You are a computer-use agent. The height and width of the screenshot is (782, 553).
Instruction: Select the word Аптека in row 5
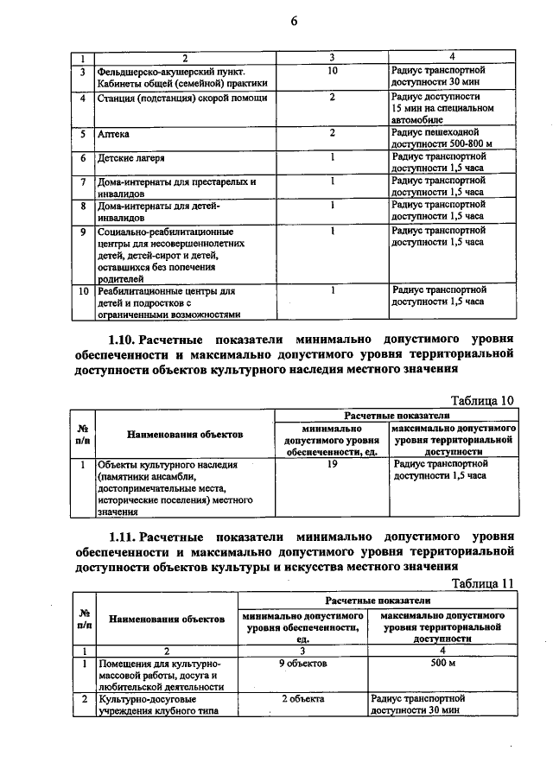pyautogui.click(x=115, y=135)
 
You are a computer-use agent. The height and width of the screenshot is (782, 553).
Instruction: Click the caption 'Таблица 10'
pyautogui.click(x=484, y=399)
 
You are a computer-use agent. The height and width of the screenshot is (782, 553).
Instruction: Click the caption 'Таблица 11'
pyautogui.click(x=484, y=582)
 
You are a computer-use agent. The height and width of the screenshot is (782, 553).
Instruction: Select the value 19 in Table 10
pyautogui.click(x=333, y=465)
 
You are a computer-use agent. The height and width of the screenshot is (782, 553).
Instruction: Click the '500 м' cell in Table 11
pyautogui.click(x=442, y=663)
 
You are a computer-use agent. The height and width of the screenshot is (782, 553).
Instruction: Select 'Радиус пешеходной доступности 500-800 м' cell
pyautogui.click(x=446, y=138)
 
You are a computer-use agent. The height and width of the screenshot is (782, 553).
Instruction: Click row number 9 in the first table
pyautogui.click(x=82, y=232)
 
